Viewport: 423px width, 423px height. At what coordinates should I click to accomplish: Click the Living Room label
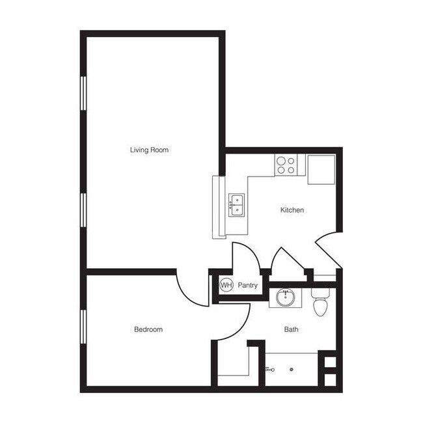click(x=149, y=150)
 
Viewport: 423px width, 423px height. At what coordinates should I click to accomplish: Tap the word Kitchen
click(x=292, y=210)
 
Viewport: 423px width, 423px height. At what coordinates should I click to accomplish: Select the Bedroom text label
click(x=148, y=330)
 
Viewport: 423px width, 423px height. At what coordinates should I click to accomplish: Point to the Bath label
click(x=292, y=330)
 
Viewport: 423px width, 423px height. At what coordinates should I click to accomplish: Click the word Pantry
click(x=248, y=285)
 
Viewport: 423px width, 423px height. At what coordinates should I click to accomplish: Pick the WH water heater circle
click(x=226, y=285)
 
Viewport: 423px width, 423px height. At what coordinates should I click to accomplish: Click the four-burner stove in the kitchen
click(x=285, y=164)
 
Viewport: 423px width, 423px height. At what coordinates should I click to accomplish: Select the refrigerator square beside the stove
click(x=321, y=169)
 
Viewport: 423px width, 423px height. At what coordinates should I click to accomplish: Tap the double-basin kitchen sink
click(x=236, y=204)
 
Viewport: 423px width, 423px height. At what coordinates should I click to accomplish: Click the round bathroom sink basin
click(x=285, y=298)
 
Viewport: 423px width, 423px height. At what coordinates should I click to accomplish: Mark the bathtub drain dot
click(x=290, y=369)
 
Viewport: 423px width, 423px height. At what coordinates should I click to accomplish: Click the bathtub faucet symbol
click(x=269, y=369)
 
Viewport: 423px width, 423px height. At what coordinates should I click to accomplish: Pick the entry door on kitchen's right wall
click(x=327, y=251)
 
